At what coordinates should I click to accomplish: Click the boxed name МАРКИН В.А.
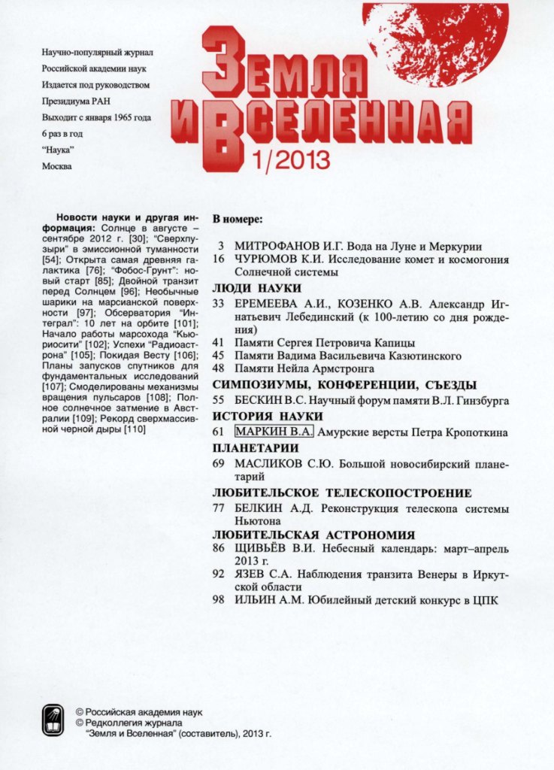click(274, 432)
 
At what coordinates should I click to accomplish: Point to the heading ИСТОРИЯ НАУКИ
click(268, 417)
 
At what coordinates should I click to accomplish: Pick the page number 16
click(219, 259)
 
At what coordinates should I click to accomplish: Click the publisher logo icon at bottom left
click(53, 720)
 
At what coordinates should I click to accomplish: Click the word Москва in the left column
click(57, 166)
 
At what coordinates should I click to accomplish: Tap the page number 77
click(219, 508)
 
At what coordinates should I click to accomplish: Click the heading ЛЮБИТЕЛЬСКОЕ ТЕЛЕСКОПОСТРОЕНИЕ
click(342, 493)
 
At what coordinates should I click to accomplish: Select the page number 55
click(219, 401)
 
